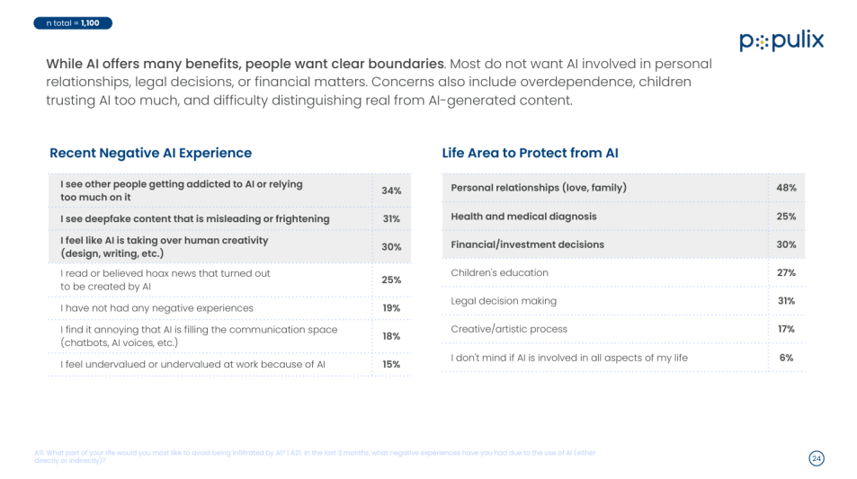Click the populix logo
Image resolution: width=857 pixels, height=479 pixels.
coord(781,41)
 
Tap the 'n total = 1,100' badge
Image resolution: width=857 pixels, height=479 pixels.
coord(73,22)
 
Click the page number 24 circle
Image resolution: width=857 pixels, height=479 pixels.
coord(816,458)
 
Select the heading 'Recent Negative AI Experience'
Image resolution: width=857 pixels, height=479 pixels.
coord(150,153)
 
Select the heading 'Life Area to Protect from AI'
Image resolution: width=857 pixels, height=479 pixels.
coord(530,153)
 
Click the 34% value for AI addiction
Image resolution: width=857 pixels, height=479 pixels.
coord(391,191)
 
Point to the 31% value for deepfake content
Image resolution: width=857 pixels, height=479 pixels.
coord(391,218)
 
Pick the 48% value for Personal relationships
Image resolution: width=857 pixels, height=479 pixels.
coord(786,188)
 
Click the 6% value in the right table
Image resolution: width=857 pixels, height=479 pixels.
coord(786,358)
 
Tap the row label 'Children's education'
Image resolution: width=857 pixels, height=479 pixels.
coord(499,272)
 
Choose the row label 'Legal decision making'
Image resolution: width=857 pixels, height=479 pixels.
coord(504,301)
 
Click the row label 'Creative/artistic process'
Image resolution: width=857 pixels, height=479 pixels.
coord(509,329)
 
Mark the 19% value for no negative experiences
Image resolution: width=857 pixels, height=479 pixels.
coord(391,308)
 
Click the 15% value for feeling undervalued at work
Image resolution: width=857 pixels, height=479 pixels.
coord(391,364)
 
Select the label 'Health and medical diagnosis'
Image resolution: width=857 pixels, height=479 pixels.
coord(523,217)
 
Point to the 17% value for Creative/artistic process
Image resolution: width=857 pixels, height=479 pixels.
coord(786,329)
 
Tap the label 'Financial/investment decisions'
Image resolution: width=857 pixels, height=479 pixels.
coord(527,244)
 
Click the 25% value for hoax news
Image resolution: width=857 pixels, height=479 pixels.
coord(391,279)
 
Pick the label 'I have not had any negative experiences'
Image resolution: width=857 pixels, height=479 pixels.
coord(156,308)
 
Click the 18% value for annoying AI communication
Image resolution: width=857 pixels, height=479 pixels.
coord(391,336)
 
